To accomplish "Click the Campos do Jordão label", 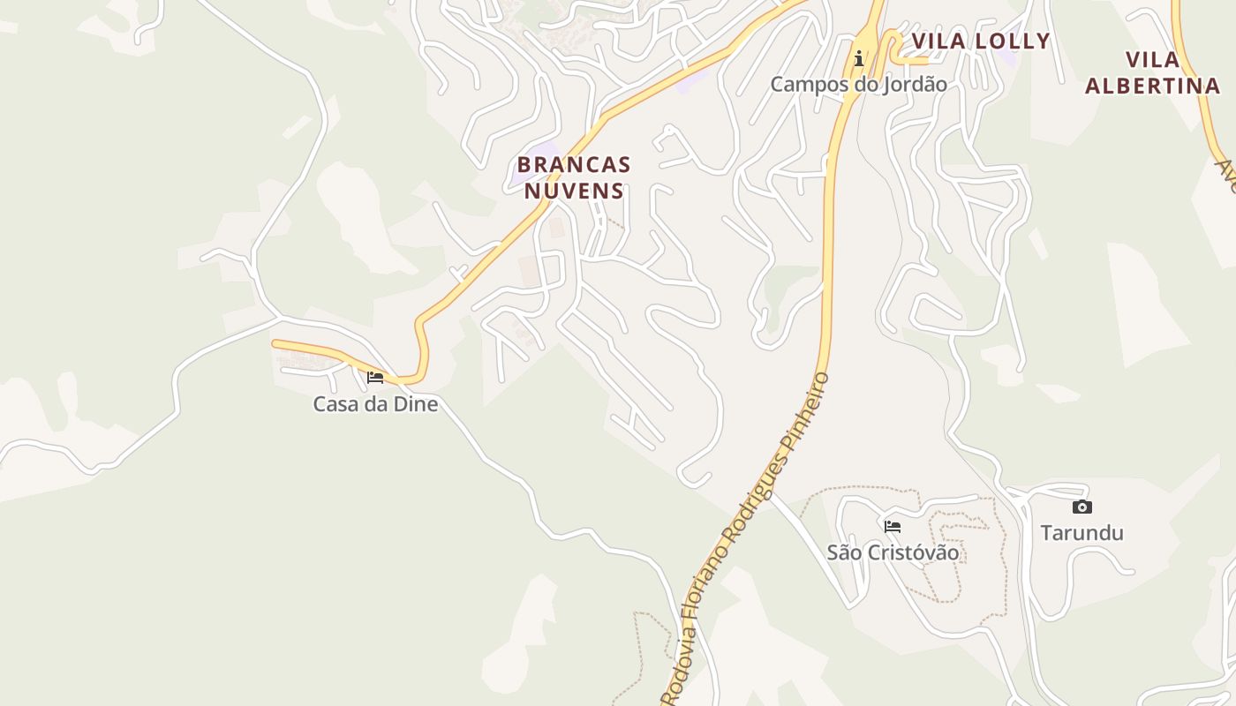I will [x=858, y=85].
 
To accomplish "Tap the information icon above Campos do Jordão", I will [x=858, y=59].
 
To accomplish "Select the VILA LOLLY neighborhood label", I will [x=981, y=41].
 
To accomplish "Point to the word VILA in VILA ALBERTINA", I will [x=1153, y=60].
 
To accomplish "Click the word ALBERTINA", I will [x=1152, y=86].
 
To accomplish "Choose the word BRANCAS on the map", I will [x=574, y=165].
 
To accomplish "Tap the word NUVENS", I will [x=574, y=191].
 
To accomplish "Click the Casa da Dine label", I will [x=375, y=404].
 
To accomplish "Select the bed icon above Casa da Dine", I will [x=375, y=378].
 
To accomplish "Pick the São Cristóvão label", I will [x=893, y=552].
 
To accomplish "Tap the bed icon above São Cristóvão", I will [x=893, y=527].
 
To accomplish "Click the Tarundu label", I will [x=1081, y=533].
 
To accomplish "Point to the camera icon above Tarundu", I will [x=1081, y=507].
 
